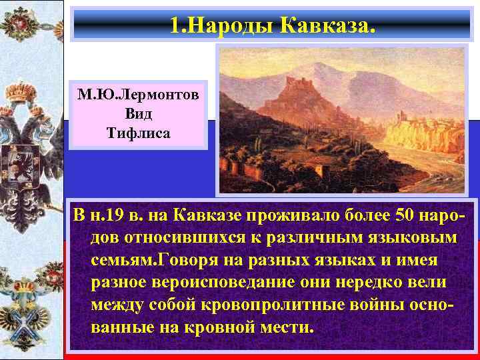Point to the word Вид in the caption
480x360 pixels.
point(138,113)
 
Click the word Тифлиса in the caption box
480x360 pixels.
point(138,132)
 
